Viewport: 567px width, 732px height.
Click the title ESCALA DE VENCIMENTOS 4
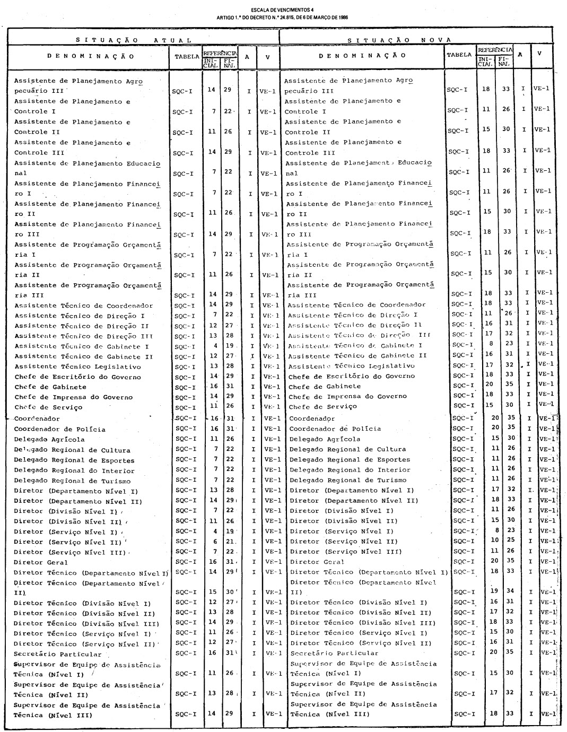coord(283,10)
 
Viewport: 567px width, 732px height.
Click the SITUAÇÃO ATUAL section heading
coord(133,40)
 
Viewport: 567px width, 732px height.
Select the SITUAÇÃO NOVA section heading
coord(399,40)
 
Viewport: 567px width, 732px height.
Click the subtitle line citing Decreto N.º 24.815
coord(283,16)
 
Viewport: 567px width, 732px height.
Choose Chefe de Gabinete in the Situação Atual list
coord(50,387)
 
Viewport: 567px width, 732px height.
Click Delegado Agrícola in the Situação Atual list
coord(49,439)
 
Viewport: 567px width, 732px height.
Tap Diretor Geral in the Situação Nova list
coord(317,562)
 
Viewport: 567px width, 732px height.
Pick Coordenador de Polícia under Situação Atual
coord(59,429)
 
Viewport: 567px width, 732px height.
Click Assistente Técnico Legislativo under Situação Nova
coord(351,366)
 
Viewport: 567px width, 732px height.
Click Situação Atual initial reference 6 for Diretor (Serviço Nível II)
coord(215,542)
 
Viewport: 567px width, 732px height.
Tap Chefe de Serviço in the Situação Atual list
coord(48,407)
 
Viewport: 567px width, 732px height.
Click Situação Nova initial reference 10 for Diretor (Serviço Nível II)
coord(495,541)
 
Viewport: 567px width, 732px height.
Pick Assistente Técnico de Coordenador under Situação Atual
coord(83,306)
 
